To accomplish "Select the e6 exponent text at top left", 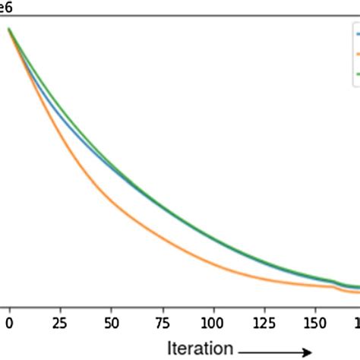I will (5, 6).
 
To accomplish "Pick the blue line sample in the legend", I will (356, 34).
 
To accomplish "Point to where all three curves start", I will (9, 30).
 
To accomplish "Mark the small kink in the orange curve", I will (335, 286).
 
